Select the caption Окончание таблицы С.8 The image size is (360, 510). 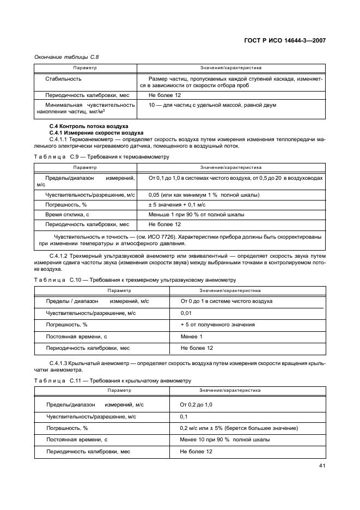point(66,56)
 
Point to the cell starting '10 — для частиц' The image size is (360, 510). point(212,105)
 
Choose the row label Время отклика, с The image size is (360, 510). point(68,214)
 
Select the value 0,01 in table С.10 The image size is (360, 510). point(186,313)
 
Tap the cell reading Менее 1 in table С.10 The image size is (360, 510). point(191,336)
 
